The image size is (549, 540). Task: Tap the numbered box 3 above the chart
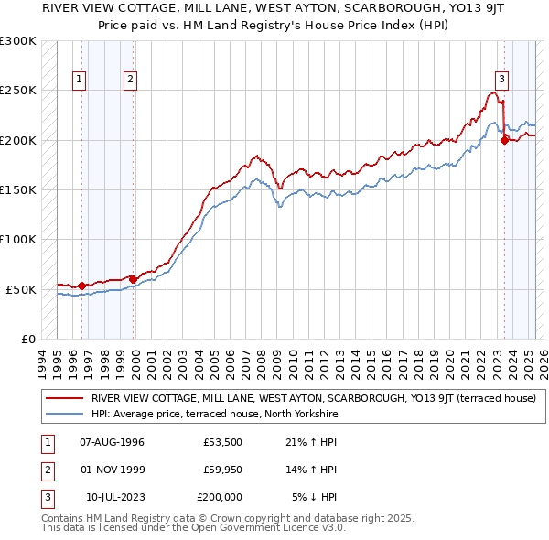click(x=501, y=79)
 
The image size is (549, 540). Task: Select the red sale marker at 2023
click(x=504, y=140)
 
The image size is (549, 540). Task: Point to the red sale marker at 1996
click(x=81, y=286)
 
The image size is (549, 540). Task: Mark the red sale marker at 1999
click(x=133, y=279)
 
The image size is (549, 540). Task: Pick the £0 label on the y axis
click(x=28, y=339)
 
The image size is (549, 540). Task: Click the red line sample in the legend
click(x=63, y=398)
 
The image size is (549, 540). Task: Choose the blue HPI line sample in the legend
click(x=63, y=414)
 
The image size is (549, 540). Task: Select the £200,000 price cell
click(x=220, y=497)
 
